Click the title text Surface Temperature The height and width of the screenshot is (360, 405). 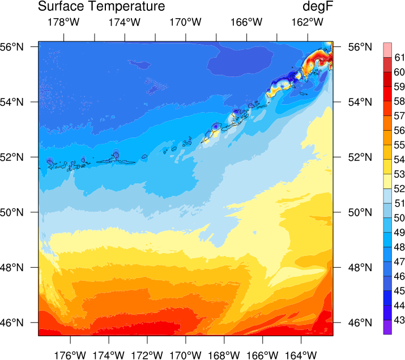coord(101,7)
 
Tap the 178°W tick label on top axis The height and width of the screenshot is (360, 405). coord(63,23)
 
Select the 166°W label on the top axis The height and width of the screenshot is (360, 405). coord(247,23)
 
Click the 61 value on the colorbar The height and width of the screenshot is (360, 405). coord(399,57)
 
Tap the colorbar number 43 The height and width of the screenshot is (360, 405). coord(399,320)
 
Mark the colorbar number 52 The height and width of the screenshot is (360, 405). coord(399,188)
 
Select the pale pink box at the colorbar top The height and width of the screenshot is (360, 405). coord(387,49)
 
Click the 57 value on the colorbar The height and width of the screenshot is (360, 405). coord(399,115)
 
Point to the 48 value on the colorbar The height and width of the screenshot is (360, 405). coord(399,247)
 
